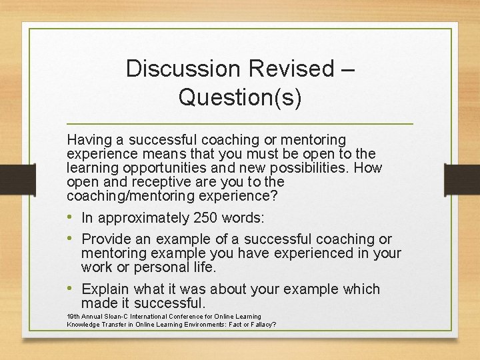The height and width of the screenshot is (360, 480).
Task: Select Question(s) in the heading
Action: (x=240, y=97)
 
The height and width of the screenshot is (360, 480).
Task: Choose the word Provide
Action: (x=107, y=239)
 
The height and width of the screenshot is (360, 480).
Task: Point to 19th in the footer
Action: (x=73, y=316)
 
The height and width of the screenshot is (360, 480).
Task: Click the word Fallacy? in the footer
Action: (x=261, y=325)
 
